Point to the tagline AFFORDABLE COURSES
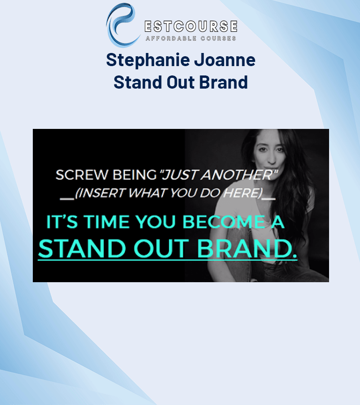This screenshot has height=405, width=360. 191,38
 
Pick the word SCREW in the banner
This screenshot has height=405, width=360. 75,176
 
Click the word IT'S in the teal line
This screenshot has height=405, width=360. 60,222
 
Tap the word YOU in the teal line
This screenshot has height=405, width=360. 159,222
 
